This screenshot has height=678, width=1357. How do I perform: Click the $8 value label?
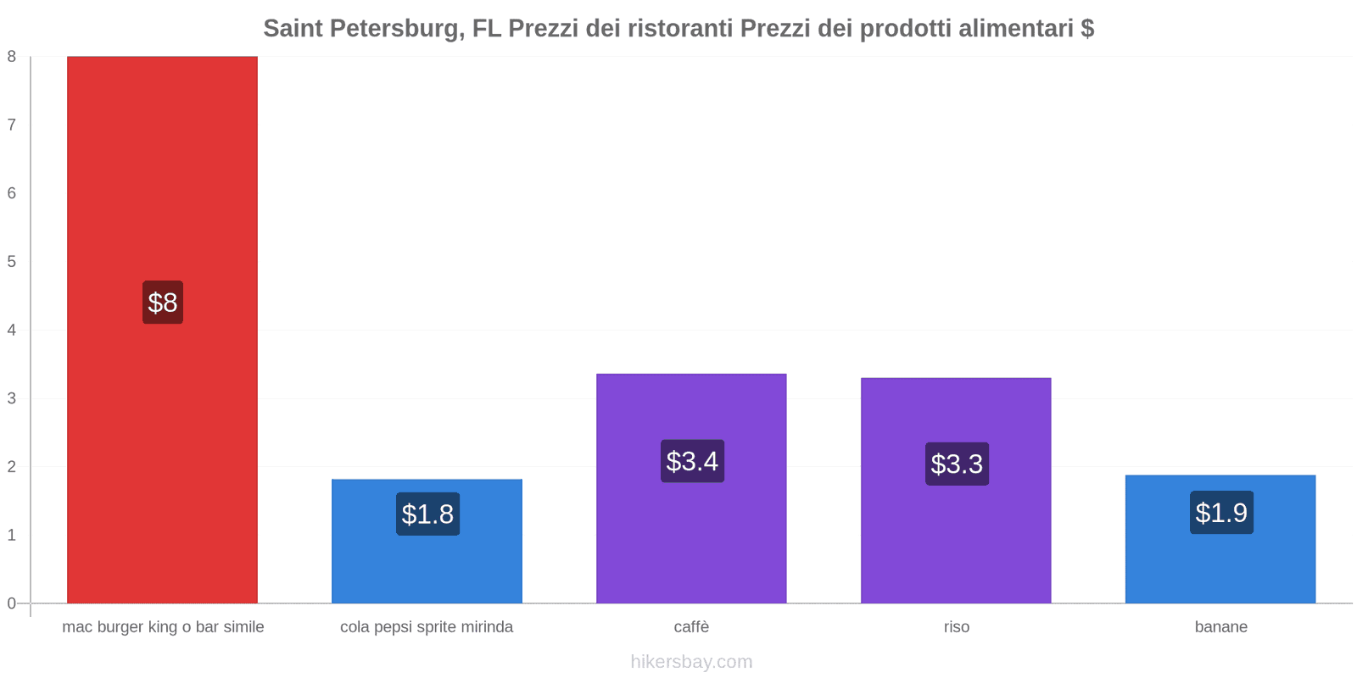click(163, 303)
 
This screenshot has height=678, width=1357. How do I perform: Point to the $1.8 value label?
click(427, 514)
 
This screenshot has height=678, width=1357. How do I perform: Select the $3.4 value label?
click(692, 462)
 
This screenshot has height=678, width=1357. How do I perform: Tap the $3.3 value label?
click(957, 464)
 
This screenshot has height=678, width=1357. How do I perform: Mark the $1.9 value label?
click(1221, 513)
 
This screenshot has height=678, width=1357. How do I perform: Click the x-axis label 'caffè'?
click(691, 627)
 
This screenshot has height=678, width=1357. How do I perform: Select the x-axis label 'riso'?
click(956, 627)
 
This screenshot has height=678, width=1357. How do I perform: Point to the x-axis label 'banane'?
click(1220, 627)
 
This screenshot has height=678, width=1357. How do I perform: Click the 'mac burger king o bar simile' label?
click(163, 627)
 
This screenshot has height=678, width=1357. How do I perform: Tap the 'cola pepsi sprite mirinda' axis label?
click(427, 627)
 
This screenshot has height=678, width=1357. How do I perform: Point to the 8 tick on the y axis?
click(12, 57)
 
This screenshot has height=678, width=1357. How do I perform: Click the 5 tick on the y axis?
click(12, 262)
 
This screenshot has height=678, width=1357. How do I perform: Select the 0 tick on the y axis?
click(12, 603)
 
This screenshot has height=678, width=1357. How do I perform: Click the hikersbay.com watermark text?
click(691, 662)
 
